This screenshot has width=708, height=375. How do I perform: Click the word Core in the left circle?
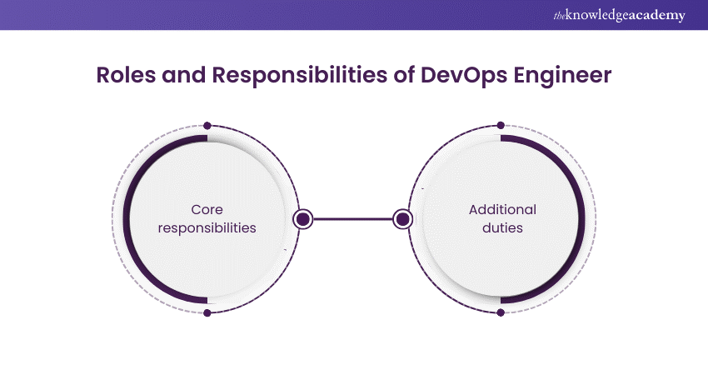click(207, 210)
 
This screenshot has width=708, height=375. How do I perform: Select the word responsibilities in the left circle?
click(207, 227)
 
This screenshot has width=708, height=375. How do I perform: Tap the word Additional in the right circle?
click(502, 210)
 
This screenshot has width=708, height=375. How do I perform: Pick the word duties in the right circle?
click(502, 227)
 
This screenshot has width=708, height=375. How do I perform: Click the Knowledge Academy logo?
click(619, 15)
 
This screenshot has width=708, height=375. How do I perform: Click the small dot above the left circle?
click(207, 126)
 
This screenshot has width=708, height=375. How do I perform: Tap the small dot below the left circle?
click(207, 312)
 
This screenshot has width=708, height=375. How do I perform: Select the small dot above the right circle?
click(501, 125)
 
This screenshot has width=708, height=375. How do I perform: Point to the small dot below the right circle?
click(501, 312)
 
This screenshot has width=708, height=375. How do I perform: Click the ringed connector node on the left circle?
click(303, 219)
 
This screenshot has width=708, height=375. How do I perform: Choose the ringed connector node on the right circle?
click(402, 219)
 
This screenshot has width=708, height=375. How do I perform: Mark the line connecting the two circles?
click(352, 219)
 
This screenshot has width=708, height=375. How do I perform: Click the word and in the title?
click(184, 75)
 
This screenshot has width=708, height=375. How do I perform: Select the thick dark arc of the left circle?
click(127, 219)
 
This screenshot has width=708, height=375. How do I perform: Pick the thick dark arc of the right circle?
click(581, 219)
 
